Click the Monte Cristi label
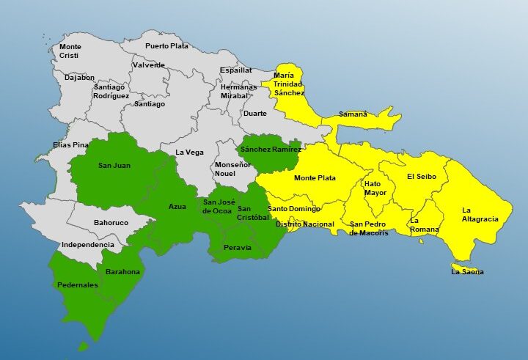click(70, 51)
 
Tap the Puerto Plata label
click(166, 46)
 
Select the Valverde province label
click(149, 65)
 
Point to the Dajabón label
click(79, 77)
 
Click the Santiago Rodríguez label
click(111, 92)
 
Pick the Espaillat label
click(235, 70)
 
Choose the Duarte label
click(254, 114)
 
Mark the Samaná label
click(353, 114)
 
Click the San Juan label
click(114, 166)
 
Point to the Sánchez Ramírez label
click(271, 150)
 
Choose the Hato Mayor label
click(375, 188)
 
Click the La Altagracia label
click(480, 215)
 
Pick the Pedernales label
click(77, 285)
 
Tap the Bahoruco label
click(111, 222)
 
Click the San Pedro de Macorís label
click(369, 229)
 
